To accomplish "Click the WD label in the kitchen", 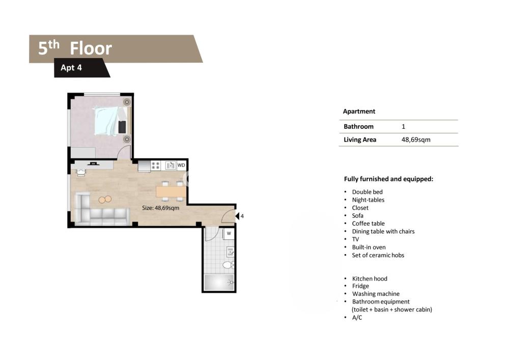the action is pyautogui.click(x=181, y=165).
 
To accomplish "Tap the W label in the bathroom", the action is pyautogui.click(x=229, y=233).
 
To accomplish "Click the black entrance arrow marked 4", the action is pyautogui.click(x=237, y=216).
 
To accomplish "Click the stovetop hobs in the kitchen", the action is pyautogui.click(x=155, y=165).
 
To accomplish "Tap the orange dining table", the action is pyautogui.click(x=171, y=191).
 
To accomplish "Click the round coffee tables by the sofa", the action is pyautogui.click(x=105, y=199).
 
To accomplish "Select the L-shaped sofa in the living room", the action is pyautogui.click(x=101, y=209).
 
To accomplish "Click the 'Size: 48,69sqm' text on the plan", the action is pyautogui.click(x=160, y=208).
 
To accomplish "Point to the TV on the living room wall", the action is pyautogui.click(x=93, y=163).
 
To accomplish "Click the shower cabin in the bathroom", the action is pyautogui.click(x=219, y=283).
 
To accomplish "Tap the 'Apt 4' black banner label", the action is pyautogui.click(x=71, y=68).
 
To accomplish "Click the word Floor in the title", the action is pyautogui.click(x=91, y=48).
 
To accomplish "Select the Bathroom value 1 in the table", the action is pyautogui.click(x=404, y=127).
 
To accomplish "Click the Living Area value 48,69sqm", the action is pyautogui.click(x=416, y=140).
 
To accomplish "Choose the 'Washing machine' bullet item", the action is pyautogui.click(x=376, y=294).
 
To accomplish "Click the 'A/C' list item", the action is pyautogui.click(x=357, y=317).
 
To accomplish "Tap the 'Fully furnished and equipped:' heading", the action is pyautogui.click(x=388, y=179).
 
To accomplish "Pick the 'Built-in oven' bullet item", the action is pyautogui.click(x=369, y=247).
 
